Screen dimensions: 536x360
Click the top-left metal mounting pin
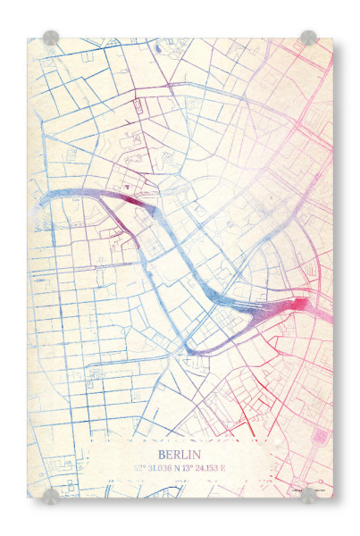51,38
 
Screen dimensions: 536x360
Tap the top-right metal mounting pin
308,38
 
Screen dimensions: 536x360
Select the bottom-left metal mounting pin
51,495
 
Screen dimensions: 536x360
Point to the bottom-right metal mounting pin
308,495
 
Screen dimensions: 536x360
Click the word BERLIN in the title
180,453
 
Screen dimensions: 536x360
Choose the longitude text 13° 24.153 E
205,466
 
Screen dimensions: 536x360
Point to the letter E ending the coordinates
223,466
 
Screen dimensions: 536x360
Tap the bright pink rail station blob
295,306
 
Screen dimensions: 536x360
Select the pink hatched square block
320,437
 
